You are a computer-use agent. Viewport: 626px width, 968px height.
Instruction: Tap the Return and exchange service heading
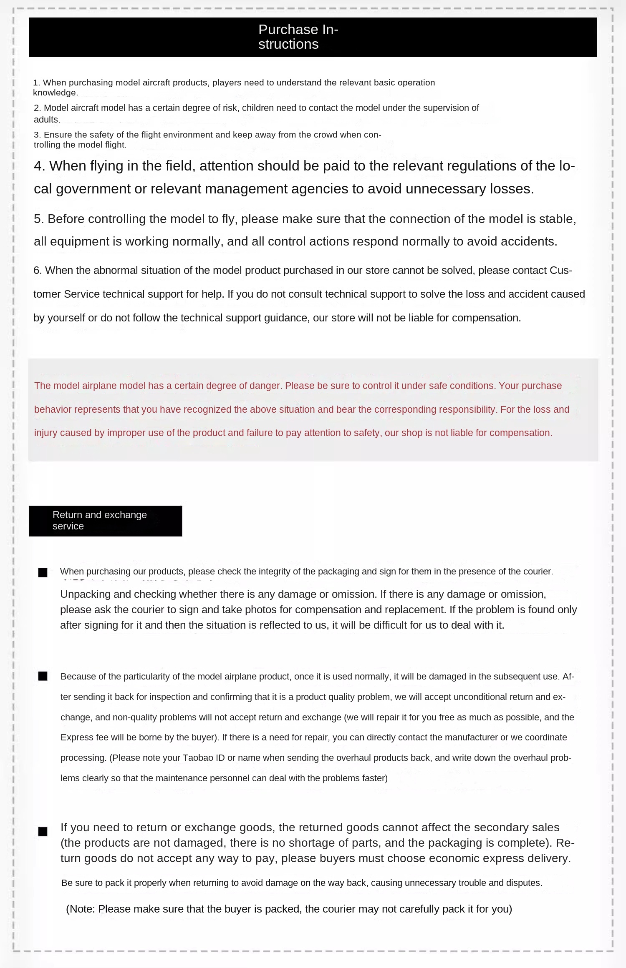coord(99,520)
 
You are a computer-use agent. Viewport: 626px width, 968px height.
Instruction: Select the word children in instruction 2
coord(258,108)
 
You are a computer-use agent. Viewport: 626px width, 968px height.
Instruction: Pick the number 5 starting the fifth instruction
coord(38,219)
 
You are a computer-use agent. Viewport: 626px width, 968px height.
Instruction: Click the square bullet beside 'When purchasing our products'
coord(43,572)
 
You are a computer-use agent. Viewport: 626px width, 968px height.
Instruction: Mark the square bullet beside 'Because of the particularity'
coord(43,676)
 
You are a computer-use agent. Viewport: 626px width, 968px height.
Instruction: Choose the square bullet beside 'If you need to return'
coord(43,832)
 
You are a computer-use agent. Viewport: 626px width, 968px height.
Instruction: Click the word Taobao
coord(198,758)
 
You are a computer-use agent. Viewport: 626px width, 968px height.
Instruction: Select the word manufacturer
coord(471,737)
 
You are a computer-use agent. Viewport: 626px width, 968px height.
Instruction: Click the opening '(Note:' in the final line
coord(81,909)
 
